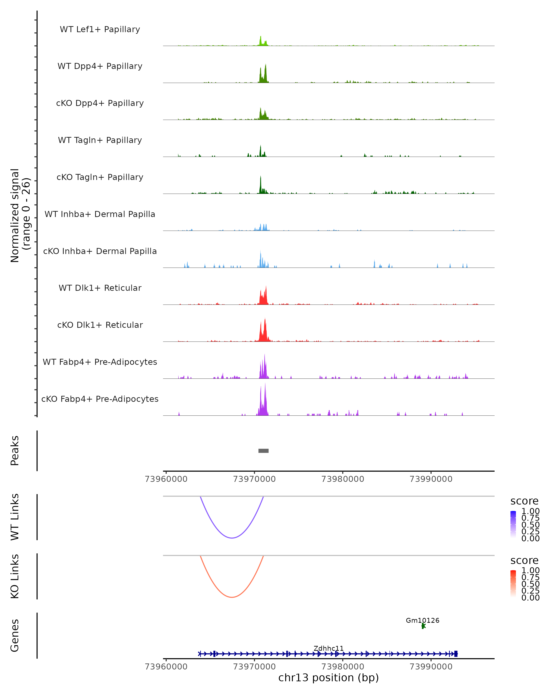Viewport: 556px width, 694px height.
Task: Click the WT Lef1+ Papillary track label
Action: tap(100, 29)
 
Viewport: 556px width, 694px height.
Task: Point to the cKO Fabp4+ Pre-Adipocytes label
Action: tap(100, 399)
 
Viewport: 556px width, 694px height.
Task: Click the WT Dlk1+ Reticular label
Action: tap(100, 288)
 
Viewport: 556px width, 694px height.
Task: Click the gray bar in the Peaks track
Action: tap(263, 451)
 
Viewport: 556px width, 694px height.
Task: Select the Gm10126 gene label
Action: tap(422, 620)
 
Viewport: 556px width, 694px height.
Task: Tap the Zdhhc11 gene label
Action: tap(329, 648)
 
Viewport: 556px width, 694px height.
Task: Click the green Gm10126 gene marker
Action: tap(423, 626)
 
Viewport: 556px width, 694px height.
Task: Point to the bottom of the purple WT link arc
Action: tap(232, 538)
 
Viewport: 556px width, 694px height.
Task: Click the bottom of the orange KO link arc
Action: tap(232, 597)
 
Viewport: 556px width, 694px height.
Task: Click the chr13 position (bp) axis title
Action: tap(329, 678)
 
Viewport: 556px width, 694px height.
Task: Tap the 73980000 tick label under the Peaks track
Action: tap(343, 479)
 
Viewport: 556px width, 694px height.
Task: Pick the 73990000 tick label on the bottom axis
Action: tap(431, 667)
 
